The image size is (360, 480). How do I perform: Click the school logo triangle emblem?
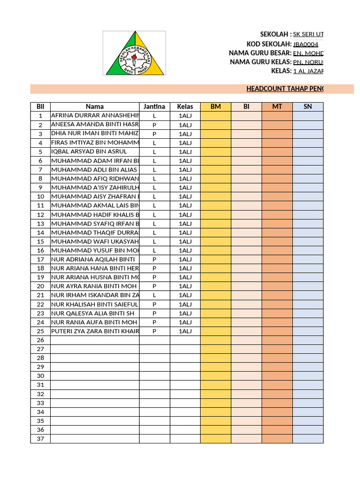[135, 53]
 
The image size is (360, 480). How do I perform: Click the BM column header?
[216, 106]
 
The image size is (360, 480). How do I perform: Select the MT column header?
[277, 106]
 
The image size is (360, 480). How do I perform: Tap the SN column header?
[307, 106]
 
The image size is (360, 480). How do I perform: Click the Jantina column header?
[154, 106]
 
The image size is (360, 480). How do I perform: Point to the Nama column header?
[95, 106]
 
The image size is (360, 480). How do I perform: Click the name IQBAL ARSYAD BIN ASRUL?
[89, 151]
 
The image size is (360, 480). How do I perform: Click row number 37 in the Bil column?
[40, 439]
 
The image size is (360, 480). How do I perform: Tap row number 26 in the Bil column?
[40, 340]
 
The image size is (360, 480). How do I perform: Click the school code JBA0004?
[306, 44]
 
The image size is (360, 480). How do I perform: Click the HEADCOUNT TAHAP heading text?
[284, 89]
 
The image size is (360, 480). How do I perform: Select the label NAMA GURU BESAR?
[260, 53]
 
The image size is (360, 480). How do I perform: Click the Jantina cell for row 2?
[154, 125]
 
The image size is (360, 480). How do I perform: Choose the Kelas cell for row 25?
[185, 331]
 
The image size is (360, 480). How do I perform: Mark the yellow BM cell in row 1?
[216, 115]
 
